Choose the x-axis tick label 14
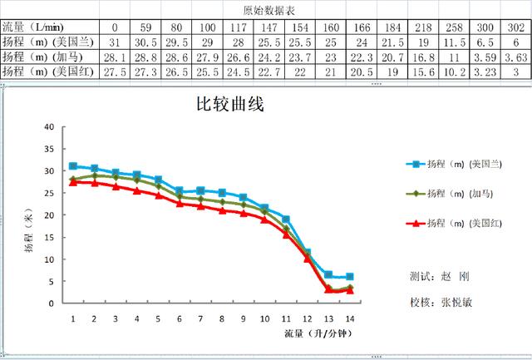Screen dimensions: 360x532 click(349, 319)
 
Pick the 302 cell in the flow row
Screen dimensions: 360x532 click(515, 27)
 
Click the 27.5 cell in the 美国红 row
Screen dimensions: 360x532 click(115, 72)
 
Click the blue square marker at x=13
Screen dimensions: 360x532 click(328, 274)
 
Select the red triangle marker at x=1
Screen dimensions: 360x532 click(73, 181)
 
